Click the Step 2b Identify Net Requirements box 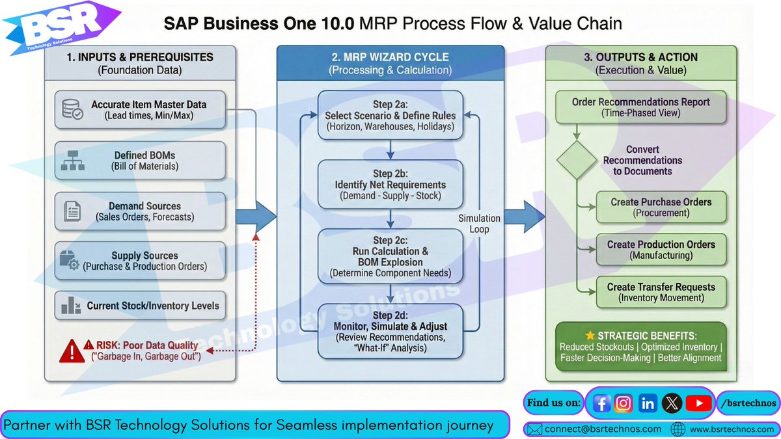click(390, 185)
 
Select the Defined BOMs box click(140, 160)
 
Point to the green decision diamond click(576, 159)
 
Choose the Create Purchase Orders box click(661, 207)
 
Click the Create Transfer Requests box click(661, 292)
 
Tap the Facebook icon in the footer click(602, 403)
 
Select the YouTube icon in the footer click(698, 403)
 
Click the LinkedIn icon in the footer click(648, 403)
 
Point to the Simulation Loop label click(480, 223)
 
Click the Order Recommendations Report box click(641, 107)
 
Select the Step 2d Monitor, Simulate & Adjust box click(390, 331)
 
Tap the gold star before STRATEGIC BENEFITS click(590, 336)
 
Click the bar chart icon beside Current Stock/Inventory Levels click(71, 306)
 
